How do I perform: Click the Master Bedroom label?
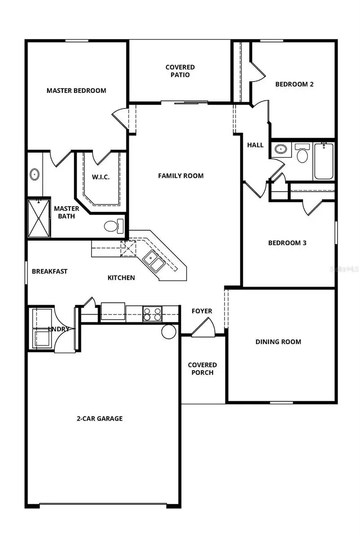tap(76, 91)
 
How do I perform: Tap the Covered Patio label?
tap(180, 71)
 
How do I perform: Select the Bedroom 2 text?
tap(294, 84)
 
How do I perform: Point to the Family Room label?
tap(181, 176)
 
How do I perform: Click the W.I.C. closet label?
tap(101, 177)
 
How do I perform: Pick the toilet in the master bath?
tap(113, 226)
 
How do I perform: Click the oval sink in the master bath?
tap(35, 174)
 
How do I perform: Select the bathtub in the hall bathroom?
tap(324, 161)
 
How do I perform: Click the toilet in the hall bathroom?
tap(303, 154)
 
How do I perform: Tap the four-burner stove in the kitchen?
tap(152, 313)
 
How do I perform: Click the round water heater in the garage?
tap(169, 332)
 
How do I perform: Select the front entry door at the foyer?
tap(203, 327)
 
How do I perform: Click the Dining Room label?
tap(278, 342)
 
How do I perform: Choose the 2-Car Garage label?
tap(100, 419)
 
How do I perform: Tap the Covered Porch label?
tap(202, 369)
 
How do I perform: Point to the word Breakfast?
tap(50, 271)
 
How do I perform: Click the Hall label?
tap(255, 145)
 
